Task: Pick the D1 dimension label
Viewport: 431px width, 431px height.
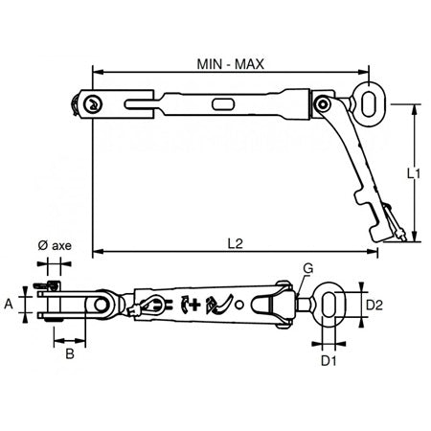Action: tap(329, 362)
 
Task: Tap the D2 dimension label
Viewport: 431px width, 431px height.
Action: tap(376, 305)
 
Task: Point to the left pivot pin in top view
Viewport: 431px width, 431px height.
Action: tap(92, 104)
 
